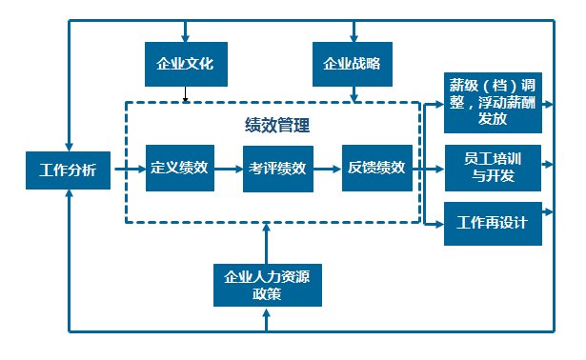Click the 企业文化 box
(x=185, y=66)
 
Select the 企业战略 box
(x=354, y=66)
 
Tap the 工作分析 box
(x=68, y=172)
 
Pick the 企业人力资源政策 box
(x=268, y=284)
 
